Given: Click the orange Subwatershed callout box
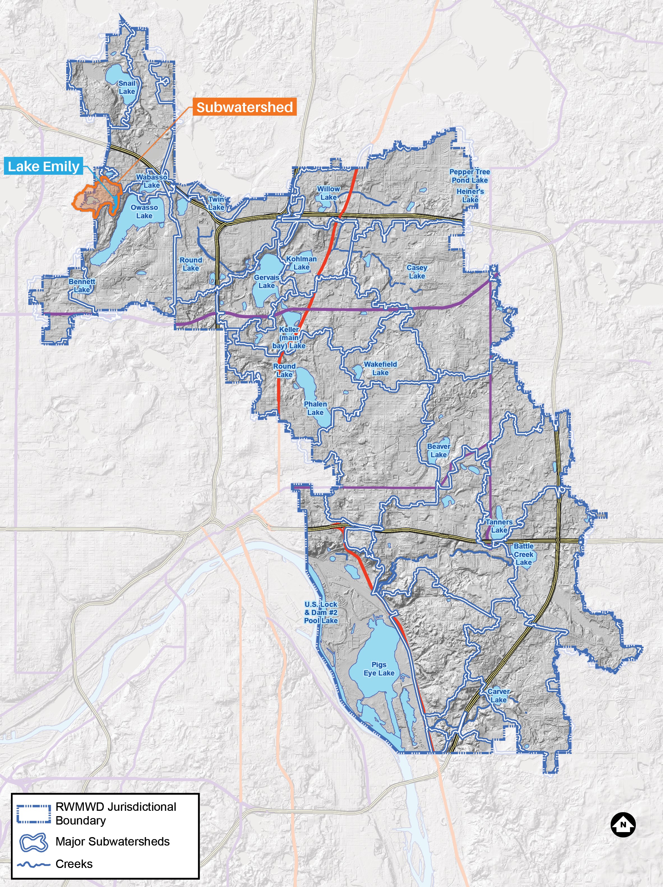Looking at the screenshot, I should [244, 107].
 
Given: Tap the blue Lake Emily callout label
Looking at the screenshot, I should [44, 166].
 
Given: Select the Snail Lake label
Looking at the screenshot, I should [127, 87].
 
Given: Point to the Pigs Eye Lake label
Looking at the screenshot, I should [379, 668].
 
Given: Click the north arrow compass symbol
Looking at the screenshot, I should [623, 825].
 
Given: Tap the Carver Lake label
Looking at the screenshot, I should [498, 695].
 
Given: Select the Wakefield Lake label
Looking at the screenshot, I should [380, 368].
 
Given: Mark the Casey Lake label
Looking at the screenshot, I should [417, 271].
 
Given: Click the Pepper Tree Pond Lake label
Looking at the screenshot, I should [470, 176].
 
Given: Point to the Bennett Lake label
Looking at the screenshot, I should [82, 285].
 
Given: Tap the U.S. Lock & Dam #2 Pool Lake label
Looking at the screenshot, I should [321, 612].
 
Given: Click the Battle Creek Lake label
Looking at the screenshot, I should [523, 554].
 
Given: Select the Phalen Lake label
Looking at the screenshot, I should [315, 408].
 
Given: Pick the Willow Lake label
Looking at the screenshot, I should [328, 193].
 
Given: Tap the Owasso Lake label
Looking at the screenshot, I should [144, 211].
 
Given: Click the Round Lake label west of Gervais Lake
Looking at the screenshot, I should [191, 264].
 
